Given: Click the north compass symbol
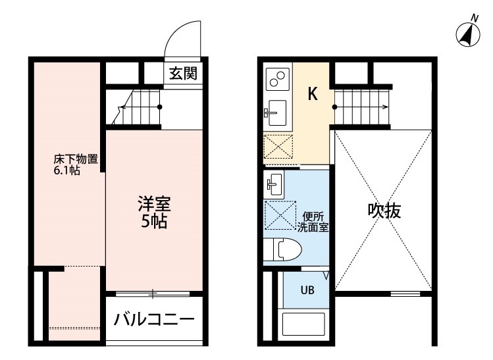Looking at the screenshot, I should [x=467, y=33].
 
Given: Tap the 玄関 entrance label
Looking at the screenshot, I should [x=181, y=73].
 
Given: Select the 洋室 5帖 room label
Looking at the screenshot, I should [x=152, y=212].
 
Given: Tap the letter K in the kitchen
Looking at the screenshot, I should [x=313, y=94].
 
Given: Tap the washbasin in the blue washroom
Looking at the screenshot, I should [x=276, y=184].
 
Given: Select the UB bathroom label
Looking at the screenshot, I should [x=307, y=290].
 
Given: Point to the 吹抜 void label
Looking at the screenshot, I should [x=384, y=212].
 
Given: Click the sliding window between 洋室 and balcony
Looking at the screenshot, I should [x=153, y=292].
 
